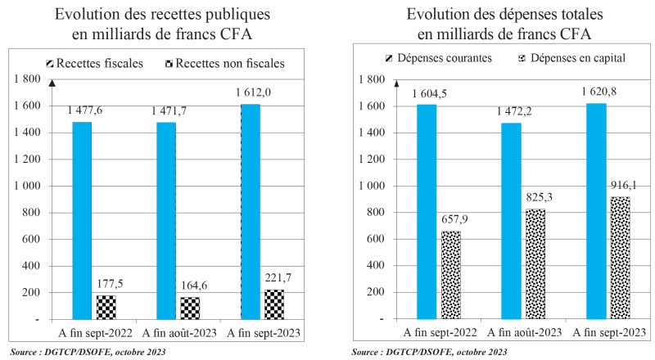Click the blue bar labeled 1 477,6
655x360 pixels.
(82, 220)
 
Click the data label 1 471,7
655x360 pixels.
(169, 110)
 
